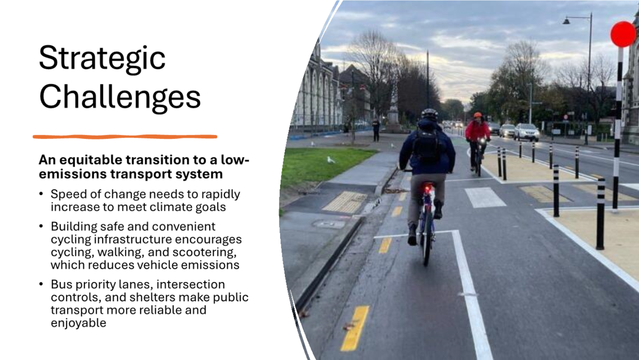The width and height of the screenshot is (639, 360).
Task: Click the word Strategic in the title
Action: tap(102, 59)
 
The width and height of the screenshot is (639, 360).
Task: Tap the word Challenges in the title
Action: tap(120, 97)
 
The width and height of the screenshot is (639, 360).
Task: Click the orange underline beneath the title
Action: tap(125, 137)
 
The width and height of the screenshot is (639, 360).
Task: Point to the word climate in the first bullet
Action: tap(171, 207)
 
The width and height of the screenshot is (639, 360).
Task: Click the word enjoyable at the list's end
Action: tap(78, 323)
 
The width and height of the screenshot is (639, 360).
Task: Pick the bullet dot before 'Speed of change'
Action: tap(41, 194)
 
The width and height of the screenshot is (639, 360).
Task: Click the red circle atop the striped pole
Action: tap(623, 34)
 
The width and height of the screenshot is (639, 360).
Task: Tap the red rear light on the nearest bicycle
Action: tap(427, 189)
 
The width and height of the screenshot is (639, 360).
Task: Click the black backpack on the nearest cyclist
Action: tap(427, 146)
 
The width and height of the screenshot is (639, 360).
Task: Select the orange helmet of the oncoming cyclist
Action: tap(477, 115)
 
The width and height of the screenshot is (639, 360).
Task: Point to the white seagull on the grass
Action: tap(331, 160)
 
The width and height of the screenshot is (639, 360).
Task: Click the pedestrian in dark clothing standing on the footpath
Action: tap(376, 130)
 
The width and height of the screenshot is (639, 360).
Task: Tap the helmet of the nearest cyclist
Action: tap(430, 114)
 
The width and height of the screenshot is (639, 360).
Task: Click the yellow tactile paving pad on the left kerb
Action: tap(345, 202)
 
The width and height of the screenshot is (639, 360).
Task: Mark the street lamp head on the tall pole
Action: tap(566, 21)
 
